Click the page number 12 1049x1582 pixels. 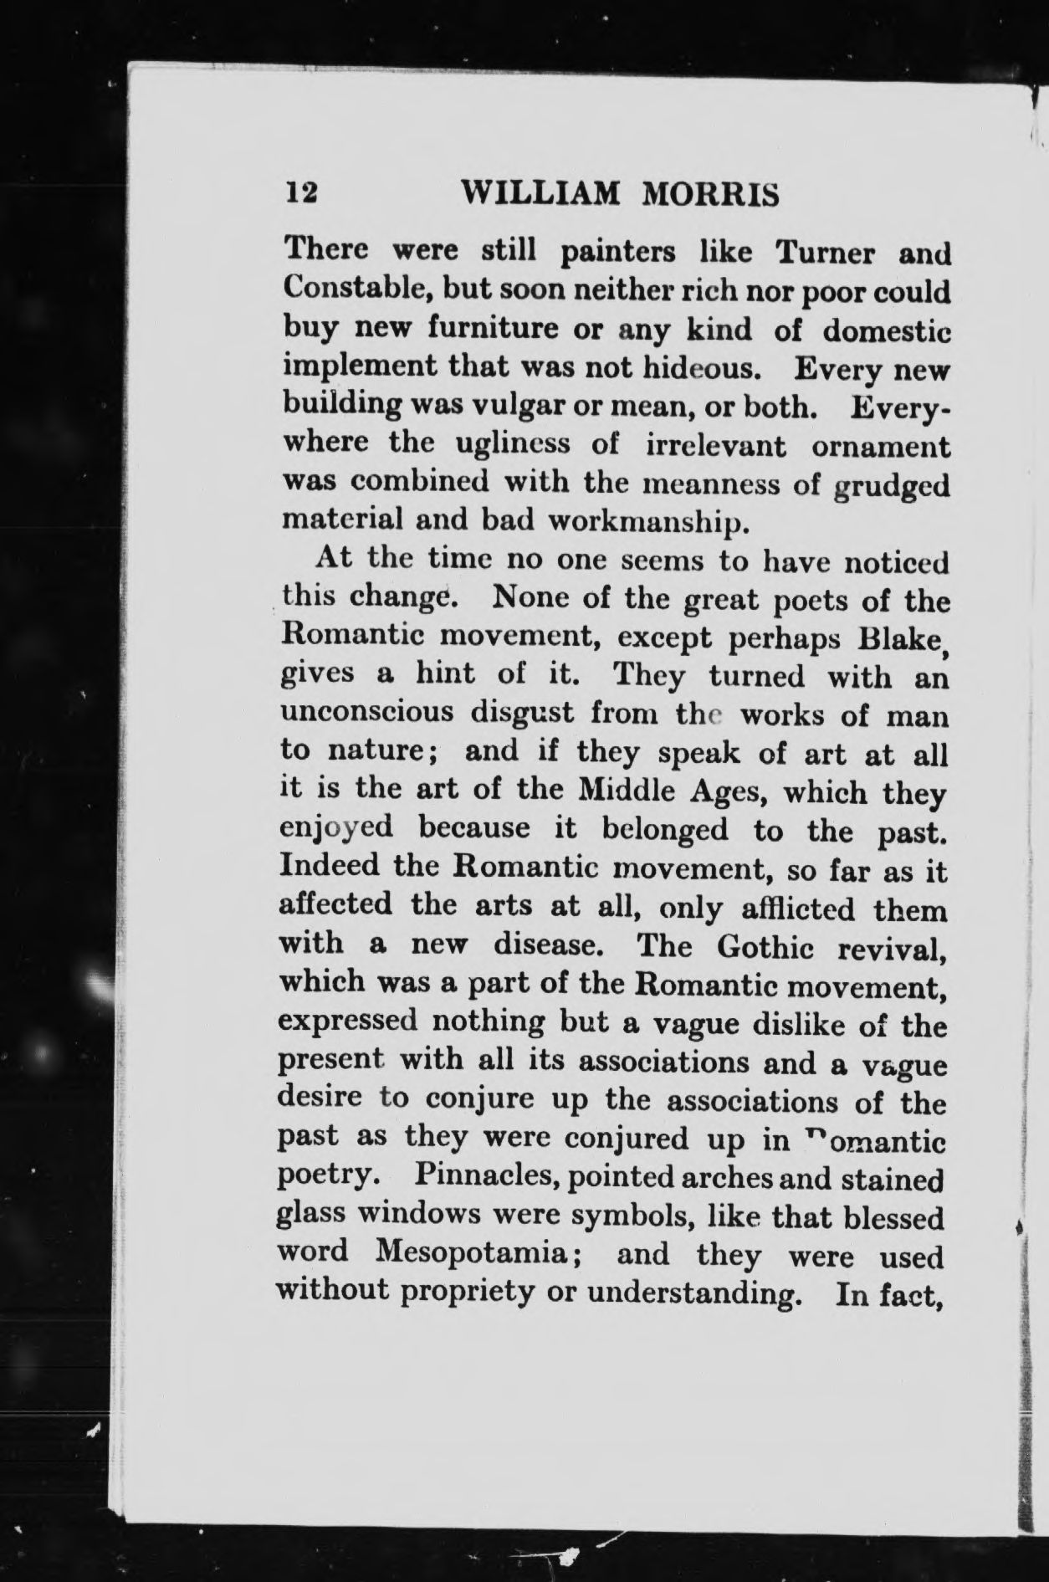(x=301, y=193)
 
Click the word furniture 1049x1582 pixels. (x=492, y=327)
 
